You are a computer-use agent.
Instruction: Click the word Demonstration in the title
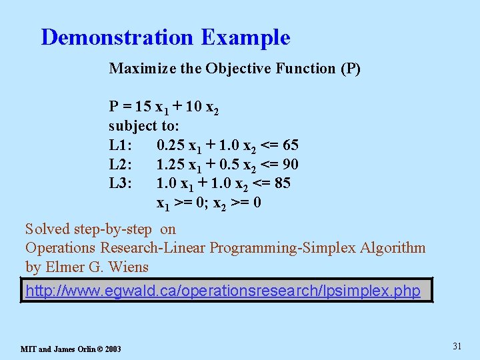point(117,37)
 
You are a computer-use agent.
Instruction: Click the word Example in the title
point(245,37)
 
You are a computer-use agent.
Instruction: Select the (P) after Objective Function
point(350,69)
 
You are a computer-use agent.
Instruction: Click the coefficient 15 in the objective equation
point(143,107)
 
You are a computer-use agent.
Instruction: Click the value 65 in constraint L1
point(290,145)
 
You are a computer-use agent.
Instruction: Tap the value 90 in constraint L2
point(290,165)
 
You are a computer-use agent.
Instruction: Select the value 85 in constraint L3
point(282,183)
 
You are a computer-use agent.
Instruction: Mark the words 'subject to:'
point(144,126)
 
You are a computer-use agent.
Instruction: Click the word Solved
point(47,229)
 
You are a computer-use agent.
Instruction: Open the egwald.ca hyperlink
point(223,291)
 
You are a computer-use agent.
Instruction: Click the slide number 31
point(457,346)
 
